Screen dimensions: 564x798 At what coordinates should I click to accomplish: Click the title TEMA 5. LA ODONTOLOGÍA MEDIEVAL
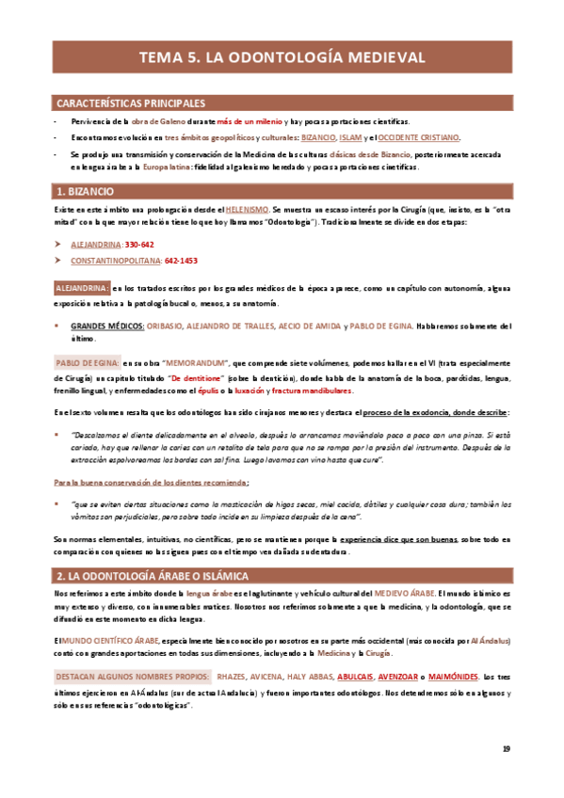(x=282, y=56)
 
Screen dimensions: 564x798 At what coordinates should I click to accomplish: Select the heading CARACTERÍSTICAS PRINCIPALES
(x=131, y=103)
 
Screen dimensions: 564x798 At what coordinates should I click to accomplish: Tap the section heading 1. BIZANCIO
(x=89, y=191)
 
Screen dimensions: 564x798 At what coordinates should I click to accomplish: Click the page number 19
(x=507, y=749)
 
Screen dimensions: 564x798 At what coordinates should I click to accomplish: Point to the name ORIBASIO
(x=165, y=327)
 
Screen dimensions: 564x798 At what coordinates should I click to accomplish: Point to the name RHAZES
(x=231, y=677)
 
